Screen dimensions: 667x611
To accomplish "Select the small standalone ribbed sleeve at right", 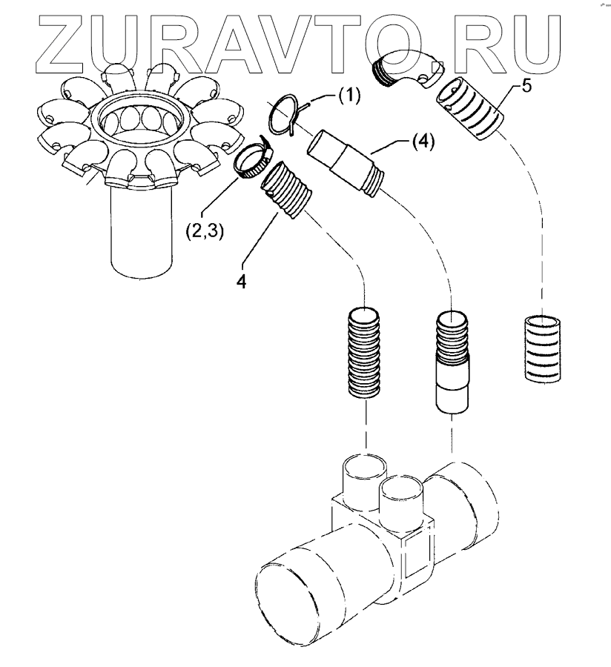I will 545,348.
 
